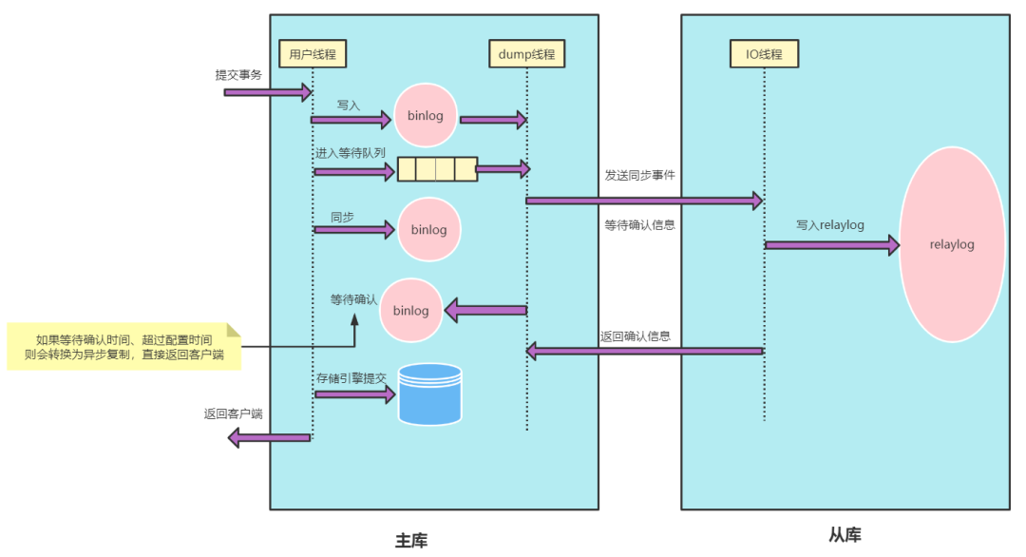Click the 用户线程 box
point(313,53)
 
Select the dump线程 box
point(526,53)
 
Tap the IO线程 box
point(764,53)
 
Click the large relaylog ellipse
point(952,244)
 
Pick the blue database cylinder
point(430,394)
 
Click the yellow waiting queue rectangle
point(437,169)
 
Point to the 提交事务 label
point(238,75)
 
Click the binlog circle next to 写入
point(426,115)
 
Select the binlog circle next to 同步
point(429,229)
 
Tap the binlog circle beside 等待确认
point(411,310)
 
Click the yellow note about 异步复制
point(123,346)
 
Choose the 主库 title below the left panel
point(411,541)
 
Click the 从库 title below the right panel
point(845,535)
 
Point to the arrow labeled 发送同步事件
point(644,201)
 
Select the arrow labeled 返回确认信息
point(644,351)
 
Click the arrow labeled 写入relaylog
point(832,245)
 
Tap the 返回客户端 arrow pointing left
point(269,437)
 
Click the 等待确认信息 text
point(639,225)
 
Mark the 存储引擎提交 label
point(351,378)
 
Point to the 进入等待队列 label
point(350,153)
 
